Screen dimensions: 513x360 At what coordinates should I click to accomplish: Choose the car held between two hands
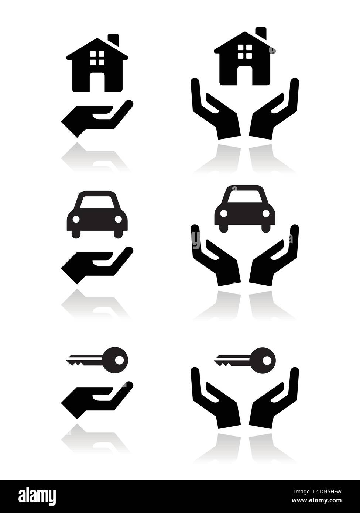pyautogui.click(x=244, y=211)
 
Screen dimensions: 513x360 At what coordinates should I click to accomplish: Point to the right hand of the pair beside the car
pyautogui.click(x=275, y=262)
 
